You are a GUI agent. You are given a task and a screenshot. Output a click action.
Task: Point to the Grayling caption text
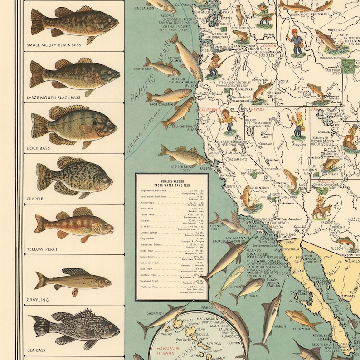[38, 300]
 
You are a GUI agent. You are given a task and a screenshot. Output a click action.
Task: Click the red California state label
[209, 110]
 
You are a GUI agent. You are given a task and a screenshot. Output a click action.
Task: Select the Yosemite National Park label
[254, 173]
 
